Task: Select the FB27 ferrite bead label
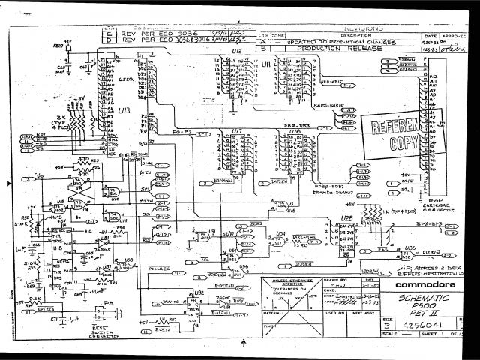(54, 46)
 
